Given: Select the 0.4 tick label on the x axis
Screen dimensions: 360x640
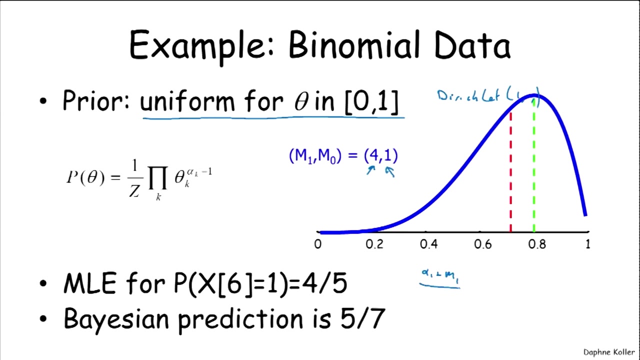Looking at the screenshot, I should point(428,244).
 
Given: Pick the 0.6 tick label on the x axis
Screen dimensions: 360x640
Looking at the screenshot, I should point(483,244).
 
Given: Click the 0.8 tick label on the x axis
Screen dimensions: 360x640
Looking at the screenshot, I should point(537,244).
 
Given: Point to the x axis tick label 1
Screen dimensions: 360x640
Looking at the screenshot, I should point(587,244).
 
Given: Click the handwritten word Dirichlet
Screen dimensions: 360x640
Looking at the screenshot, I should point(470,96).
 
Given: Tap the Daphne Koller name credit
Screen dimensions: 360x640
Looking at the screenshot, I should point(609,352).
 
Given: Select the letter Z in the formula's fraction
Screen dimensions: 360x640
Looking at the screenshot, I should point(134,190).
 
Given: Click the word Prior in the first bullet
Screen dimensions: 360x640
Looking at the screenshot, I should point(95,101).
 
